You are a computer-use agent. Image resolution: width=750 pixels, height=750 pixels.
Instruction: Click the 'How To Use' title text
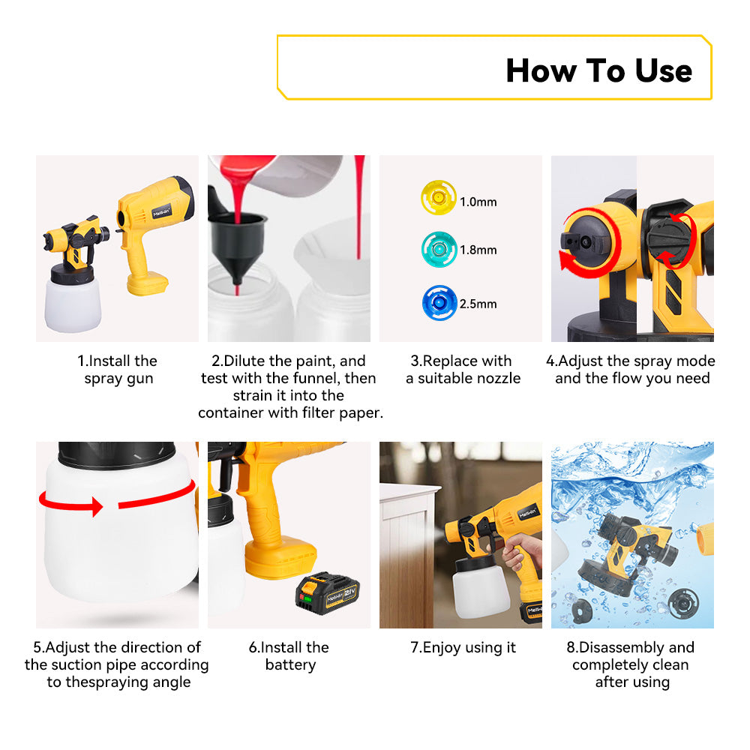pyautogui.click(x=598, y=70)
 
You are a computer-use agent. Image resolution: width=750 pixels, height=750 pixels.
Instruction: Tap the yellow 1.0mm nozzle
pyautogui.click(x=439, y=197)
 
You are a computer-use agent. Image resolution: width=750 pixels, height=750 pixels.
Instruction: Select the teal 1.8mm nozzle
pyautogui.click(x=439, y=249)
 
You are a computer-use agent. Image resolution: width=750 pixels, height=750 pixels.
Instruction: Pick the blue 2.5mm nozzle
pyautogui.click(x=439, y=303)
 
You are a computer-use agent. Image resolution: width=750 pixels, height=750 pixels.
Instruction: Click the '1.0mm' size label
pyautogui.click(x=478, y=202)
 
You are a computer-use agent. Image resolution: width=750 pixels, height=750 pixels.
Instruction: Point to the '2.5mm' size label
pyautogui.click(x=478, y=304)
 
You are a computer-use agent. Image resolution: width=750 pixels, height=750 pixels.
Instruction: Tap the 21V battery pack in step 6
pyautogui.click(x=328, y=593)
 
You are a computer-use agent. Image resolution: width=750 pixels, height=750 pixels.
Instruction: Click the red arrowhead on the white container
pyautogui.click(x=97, y=506)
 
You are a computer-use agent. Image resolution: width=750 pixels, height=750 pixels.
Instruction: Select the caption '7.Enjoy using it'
pyautogui.click(x=463, y=648)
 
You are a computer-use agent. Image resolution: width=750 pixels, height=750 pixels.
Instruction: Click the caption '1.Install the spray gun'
pyautogui.click(x=118, y=369)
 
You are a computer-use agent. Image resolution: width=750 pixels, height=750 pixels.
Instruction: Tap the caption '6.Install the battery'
pyautogui.click(x=289, y=655)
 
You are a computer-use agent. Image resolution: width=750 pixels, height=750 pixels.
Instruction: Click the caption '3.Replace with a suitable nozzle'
pyautogui.click(x=463, y=369)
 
